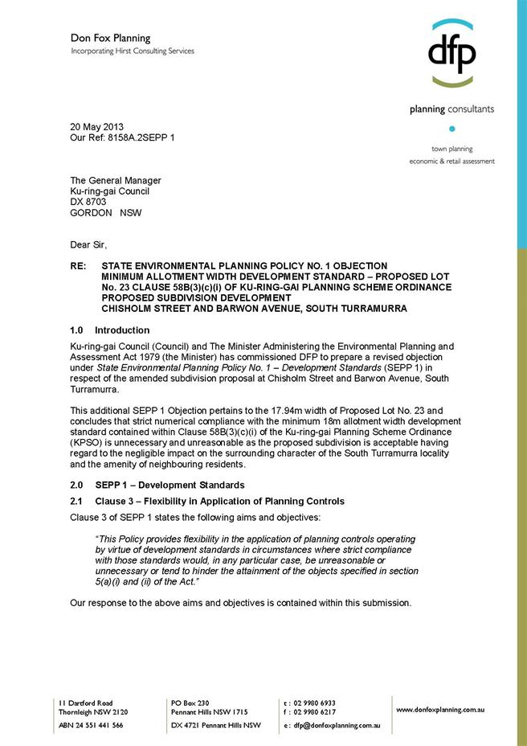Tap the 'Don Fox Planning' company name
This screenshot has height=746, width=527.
click(110, 38)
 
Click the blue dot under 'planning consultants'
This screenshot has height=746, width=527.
click(451, 129)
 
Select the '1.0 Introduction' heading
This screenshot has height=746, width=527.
click(110, 330)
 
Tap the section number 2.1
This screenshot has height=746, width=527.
click(78, 501)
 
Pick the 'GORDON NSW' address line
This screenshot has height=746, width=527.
click(104, 213)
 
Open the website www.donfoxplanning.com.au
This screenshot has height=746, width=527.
click(439, 710)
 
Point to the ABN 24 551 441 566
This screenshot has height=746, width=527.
click(91, 725)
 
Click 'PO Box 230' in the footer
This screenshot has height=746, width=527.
click(190, 702)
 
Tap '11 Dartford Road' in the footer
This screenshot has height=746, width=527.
click(85, 702)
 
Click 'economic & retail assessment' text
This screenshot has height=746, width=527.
click(451, 161)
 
